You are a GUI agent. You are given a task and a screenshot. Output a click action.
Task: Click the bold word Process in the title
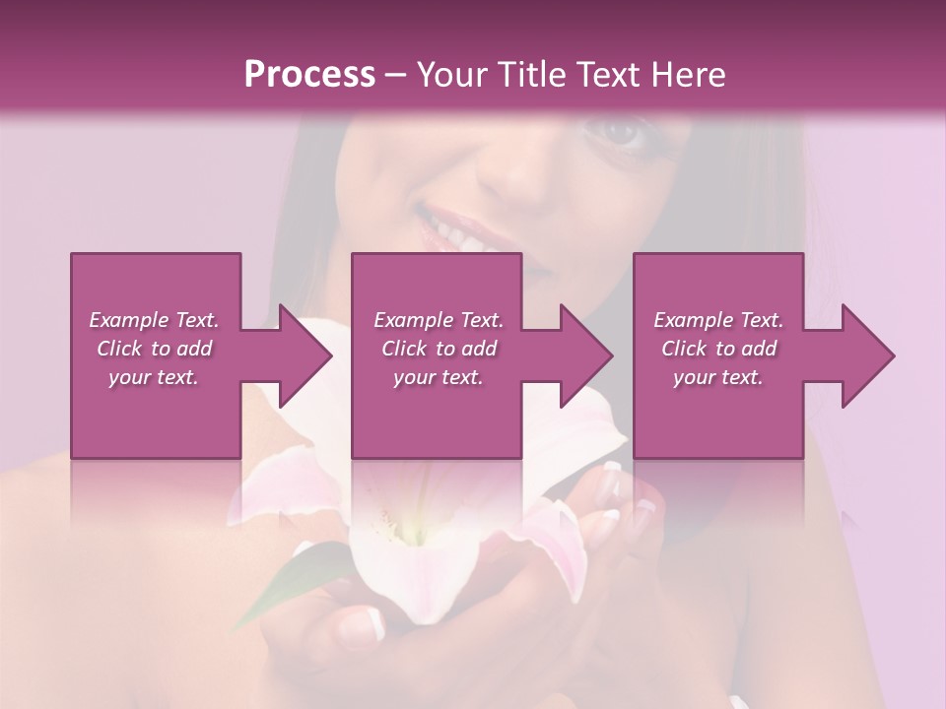pyautogui.click(x=309, y=75)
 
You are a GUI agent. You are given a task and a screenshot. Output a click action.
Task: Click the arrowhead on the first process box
pyautogui.click(x=305, y=355)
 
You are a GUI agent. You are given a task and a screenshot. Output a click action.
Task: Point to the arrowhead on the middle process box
pyautogui.click(x=586, y=355)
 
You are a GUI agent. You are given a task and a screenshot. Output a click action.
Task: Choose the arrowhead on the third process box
pyautogui.click(x=868, y=355)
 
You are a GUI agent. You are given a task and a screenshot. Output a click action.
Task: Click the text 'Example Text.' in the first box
pyautogui.click(x=154, y=320)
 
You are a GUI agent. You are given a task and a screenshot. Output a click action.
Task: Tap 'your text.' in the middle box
pyautogui.click(x=438, y=377)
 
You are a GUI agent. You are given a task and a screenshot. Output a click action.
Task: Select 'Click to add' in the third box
pyautogui.click(x=718, y=349)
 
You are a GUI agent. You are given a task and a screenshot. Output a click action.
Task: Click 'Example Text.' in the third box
pyautogui.click(x=718, y=320)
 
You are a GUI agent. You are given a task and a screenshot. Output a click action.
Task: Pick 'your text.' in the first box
pyautogui.click(x=154, y=377)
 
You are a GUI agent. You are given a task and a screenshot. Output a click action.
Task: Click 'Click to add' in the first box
pyautogui.click(x=154, y=349)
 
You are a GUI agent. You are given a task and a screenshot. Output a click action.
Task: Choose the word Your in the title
pyautogui.click(x=451, y=75)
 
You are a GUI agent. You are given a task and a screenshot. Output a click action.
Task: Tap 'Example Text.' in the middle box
pyautogui.click(x=438, y=320)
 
